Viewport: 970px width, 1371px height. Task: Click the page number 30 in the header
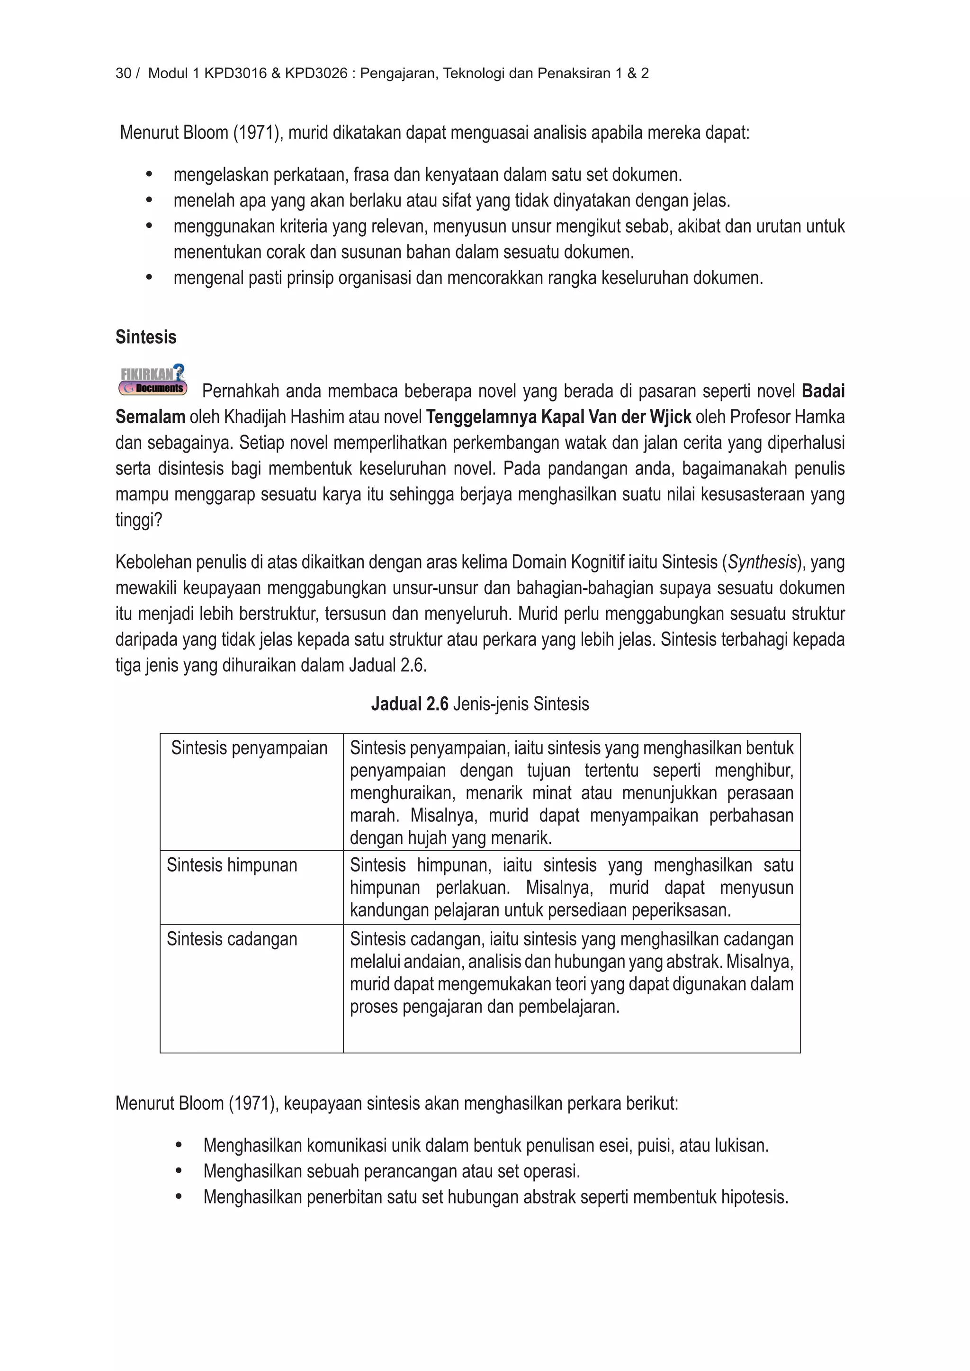[123, 73]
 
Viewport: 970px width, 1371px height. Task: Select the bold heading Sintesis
[146, 338]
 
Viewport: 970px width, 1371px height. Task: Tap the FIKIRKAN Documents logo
[153, 380]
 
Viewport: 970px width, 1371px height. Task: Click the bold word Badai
[823, 391]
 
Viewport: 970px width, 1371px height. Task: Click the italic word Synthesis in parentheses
[762, 562]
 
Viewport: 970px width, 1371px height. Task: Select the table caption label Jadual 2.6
[410, 704]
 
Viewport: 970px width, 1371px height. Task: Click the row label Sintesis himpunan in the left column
[232, 865]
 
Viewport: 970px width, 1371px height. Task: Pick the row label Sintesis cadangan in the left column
[232, 939]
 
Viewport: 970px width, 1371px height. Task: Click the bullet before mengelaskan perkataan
[149, 175]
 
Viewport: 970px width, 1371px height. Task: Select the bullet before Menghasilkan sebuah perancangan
[179, 1172]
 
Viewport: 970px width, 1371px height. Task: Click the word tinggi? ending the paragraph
[139, 520]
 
